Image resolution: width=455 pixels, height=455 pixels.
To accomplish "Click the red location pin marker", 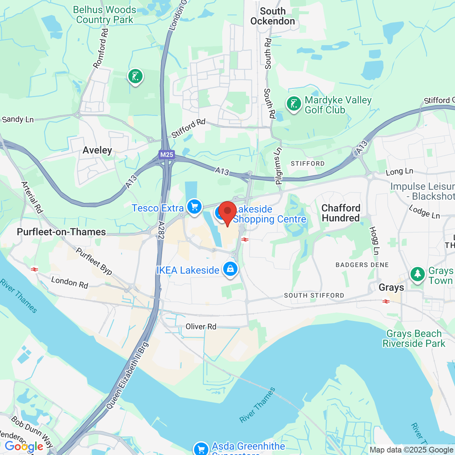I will (227, 212).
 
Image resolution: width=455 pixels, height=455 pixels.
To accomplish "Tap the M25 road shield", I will (167, 155).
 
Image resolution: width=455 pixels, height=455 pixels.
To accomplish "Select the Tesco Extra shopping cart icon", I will (194, 207).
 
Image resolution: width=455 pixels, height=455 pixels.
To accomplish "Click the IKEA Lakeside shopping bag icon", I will (230, 269).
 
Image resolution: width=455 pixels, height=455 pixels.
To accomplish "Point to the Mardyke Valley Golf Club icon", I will (294, 104).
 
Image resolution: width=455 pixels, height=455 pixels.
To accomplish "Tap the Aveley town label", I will (97, 150).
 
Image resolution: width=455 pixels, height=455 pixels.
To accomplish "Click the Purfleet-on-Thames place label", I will (61, 232).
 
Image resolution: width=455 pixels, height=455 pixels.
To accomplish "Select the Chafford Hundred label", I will (341, 213).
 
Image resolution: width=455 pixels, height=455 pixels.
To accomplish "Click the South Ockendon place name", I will (273, 16).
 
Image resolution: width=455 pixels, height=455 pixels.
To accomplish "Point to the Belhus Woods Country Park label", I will (105, 15).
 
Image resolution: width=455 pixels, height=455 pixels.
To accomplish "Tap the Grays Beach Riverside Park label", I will (414, 338).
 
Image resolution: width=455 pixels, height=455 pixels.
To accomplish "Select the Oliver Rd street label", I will (201, 326).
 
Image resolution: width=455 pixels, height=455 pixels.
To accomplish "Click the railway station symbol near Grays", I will (386, 301).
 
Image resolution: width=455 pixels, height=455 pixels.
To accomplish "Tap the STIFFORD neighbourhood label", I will (308, 164).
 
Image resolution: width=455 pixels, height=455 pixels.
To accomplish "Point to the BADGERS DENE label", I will (362, 265).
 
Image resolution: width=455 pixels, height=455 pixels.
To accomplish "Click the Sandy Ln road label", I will (18, 119).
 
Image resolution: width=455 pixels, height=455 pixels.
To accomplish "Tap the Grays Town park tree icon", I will (418, 274).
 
